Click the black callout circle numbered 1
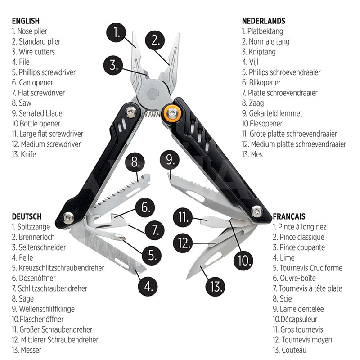click(118, 33)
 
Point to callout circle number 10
click(243, 260)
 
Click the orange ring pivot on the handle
click(173, 113)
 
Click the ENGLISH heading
click(26, 21)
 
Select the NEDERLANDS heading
click(264, 21)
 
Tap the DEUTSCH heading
click(27, 216)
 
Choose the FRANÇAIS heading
click(289, 216)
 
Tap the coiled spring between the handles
click(154, 114)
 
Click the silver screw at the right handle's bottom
click(257, 210)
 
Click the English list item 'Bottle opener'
click(39, 124)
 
